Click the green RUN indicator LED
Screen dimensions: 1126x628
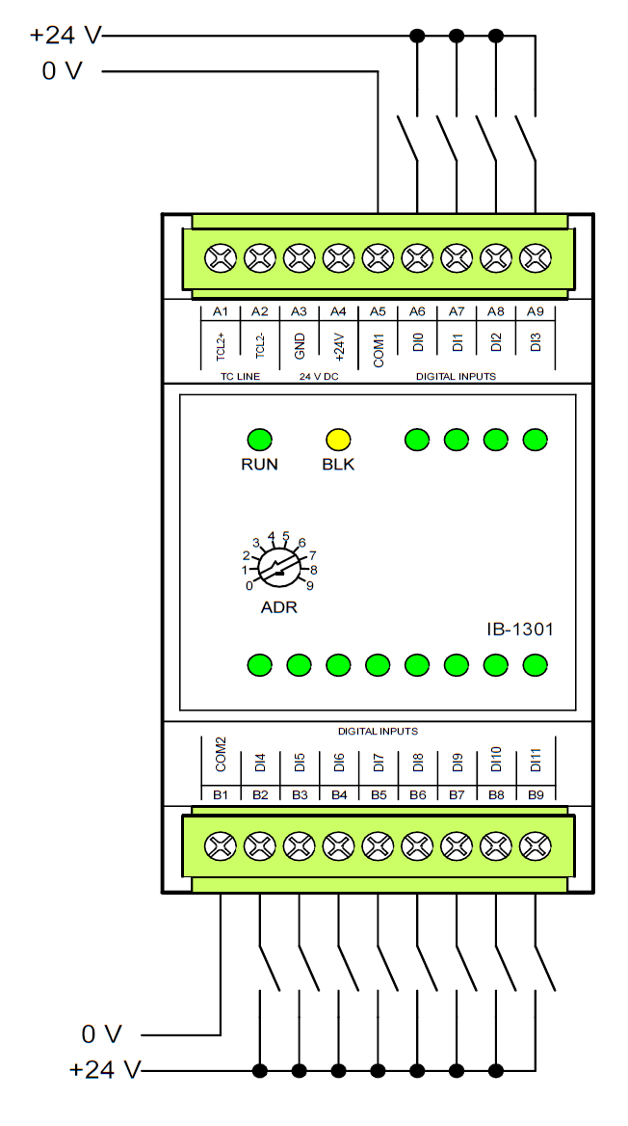coord(259,440)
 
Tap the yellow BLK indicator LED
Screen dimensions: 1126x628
coord(338,440)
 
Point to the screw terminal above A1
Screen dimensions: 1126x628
coord(221,258)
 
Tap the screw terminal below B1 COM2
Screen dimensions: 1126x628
coord(221,846)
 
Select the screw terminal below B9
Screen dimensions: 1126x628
coord(535,846)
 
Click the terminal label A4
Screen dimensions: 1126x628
coord(338,311)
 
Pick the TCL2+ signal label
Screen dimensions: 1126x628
coord(221,346)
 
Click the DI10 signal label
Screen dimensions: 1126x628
coord(496,760)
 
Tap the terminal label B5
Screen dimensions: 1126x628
coord(379,794)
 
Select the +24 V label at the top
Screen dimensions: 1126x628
coord(65,36)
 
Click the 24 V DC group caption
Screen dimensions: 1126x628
coord(319,376)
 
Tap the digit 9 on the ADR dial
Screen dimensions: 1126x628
coord(309,585)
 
